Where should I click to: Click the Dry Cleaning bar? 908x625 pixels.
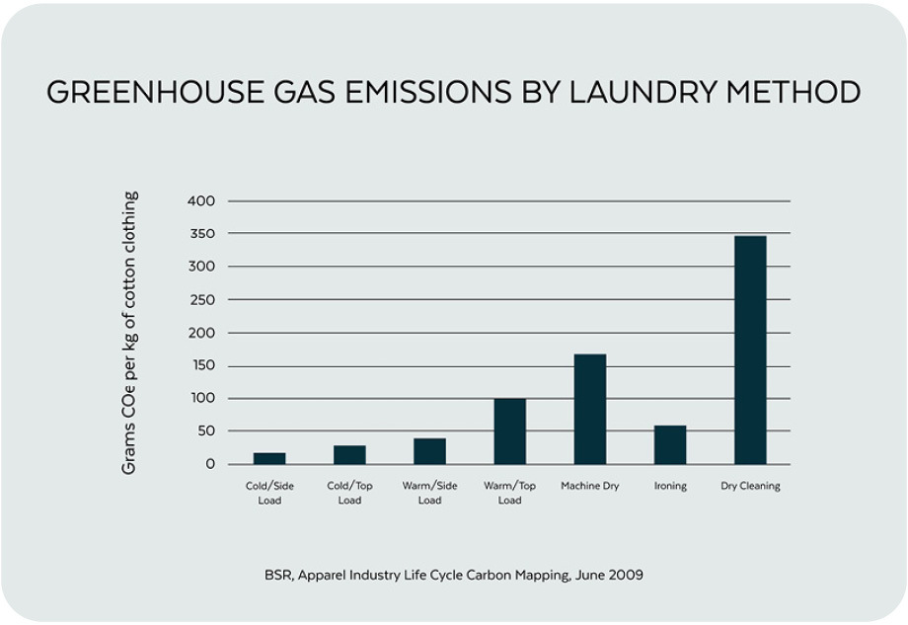(x=750, y=350)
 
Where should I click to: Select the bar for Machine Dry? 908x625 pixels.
(x=590, y=409)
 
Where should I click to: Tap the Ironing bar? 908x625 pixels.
(x=670, y=444)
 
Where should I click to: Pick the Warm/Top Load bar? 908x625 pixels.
(x=510, y=430)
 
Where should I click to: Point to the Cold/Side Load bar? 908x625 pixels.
(x=269, y=458)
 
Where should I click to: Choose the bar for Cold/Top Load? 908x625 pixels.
(x=349, y=454)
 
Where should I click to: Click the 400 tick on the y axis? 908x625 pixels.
(x=200, y=201)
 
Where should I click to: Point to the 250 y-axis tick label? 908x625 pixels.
(x=200, y=300)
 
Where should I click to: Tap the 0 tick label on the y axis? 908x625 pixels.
(x=209, y=464)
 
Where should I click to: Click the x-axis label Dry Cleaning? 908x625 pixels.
(x=750, y=486)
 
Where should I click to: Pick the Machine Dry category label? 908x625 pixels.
(x=590, y=486)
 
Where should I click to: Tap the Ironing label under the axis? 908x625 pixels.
(x=670, y=486)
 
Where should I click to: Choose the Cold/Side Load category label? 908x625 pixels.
(x=269, y=493)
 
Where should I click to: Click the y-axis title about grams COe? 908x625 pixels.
(x=129, y=333)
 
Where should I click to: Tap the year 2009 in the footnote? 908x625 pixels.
(x=626, y=575)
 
